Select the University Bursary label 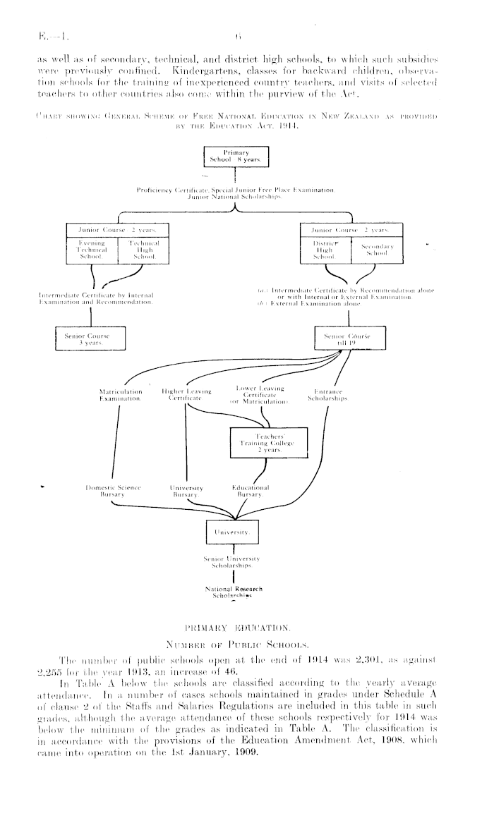[x=186, y=491]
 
